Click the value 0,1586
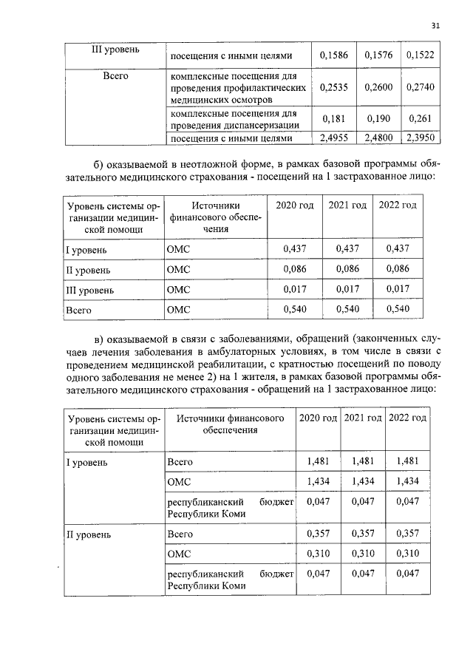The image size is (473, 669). point(336,56)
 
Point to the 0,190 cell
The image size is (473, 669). point(379,118)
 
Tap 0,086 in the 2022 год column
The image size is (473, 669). point(398,270)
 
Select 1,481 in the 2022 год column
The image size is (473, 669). point(408,461)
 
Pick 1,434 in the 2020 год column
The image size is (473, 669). point(318,481)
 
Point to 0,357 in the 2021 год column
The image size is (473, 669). point(363,532)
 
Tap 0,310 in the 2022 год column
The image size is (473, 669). point(408,552)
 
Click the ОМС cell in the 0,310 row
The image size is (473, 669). point(180,552)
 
